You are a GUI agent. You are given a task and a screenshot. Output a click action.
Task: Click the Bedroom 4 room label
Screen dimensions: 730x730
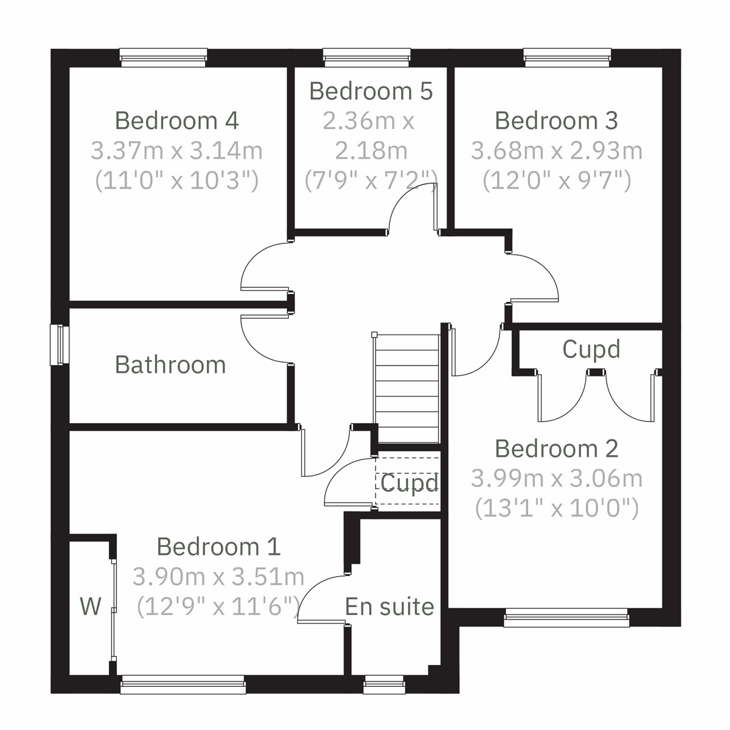[176, 120]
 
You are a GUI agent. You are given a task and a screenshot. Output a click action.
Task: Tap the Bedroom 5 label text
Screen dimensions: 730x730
[370, 91]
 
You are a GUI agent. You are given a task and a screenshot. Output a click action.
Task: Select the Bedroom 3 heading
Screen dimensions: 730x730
[556, 120]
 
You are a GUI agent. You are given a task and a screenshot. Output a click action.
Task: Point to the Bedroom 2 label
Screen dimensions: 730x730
[556, 449]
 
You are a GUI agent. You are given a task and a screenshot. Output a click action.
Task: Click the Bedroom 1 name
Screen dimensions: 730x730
[218, 546]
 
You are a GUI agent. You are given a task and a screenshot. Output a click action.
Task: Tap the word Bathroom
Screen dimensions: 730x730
[170, 365]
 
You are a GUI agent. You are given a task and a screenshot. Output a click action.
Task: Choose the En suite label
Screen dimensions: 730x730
[389, 607]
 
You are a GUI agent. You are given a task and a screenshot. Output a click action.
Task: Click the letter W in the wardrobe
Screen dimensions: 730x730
[91, 606]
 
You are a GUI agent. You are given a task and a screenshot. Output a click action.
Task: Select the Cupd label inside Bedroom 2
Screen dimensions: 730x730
[591, 349]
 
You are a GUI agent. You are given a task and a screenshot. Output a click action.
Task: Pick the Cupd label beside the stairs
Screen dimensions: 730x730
[409, 483]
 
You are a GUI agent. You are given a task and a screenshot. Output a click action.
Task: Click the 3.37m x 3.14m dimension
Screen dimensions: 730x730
[176, 150]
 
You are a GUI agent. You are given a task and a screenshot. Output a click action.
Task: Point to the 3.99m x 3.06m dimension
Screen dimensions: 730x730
[556, 479]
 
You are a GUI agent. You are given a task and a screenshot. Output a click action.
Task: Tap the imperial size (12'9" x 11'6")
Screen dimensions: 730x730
[218, 606]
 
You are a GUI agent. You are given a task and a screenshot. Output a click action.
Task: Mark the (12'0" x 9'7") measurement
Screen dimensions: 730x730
[556, 180]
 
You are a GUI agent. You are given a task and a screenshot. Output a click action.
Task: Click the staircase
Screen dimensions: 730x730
[406, 389]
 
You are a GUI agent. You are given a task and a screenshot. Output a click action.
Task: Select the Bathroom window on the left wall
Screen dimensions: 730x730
[60, 345]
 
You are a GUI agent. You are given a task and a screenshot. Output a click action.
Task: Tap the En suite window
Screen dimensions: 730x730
[384, 686]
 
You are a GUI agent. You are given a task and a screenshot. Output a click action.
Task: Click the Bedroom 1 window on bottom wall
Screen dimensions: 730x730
[183, 684]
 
